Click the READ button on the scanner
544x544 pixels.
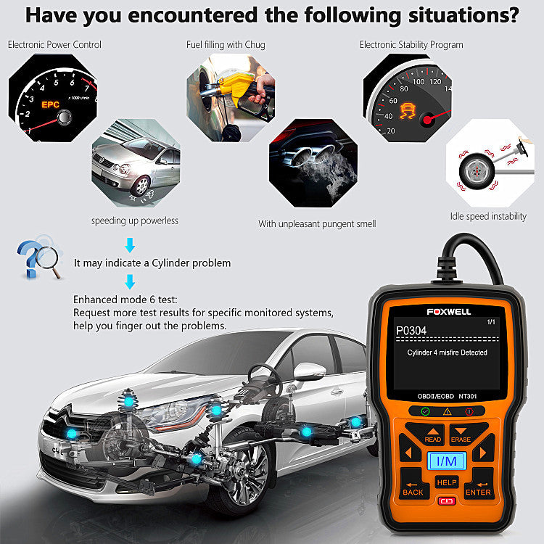(432, 436)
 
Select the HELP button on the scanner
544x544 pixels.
(447, 482)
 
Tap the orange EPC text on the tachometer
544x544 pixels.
(50, 104)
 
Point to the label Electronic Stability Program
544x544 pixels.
(411, 45)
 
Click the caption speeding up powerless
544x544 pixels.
(134, 221)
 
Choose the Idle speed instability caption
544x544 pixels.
(489, 216)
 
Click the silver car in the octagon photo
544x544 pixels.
(134, 163)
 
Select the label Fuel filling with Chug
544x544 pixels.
(226, 45)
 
